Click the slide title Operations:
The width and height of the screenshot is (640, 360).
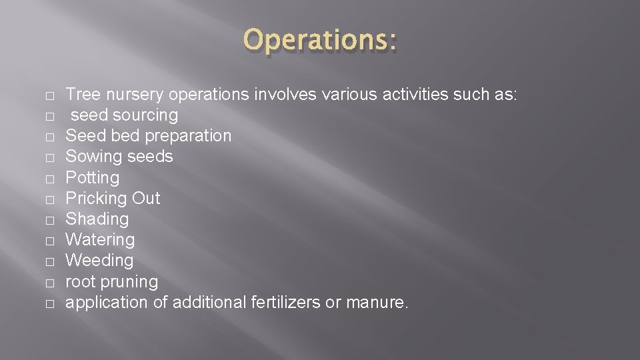click(x=320, y=41)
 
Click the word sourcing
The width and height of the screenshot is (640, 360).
click(x=145, y=115)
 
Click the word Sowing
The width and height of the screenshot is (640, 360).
click(x=92, y=157)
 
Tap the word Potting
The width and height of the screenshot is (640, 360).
click(x=93, y=178)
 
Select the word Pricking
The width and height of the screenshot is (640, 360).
click(x=96, y=199)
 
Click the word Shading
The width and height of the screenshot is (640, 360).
click(x=97, y=219)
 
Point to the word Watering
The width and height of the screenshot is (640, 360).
click(x=100, y=240)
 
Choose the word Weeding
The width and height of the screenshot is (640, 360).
click(x=99, y=261)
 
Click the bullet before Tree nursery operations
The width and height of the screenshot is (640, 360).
click(x=50, y=96)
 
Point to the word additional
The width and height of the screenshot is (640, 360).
click(x=209, y=303)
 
